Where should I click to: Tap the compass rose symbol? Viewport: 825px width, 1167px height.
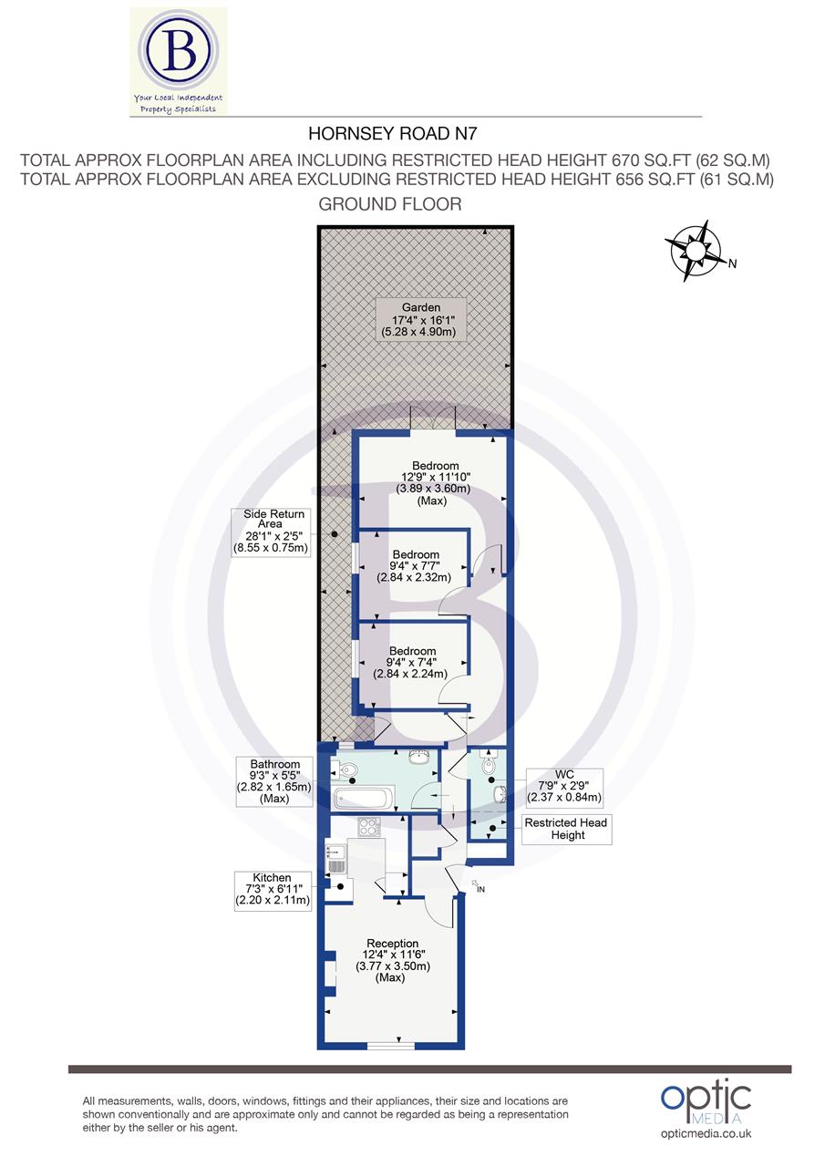[695, 249]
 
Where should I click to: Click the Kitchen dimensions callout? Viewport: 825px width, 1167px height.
[273, 890]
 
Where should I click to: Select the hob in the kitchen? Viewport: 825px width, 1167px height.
[370, 828]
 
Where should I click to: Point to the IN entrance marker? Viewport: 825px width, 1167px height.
[479, 887]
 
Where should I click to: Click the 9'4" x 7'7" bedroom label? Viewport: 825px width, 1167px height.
[415, 565]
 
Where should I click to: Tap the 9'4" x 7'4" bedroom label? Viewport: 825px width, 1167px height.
[410, 663]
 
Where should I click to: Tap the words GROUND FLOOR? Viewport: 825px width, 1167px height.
[389, 204]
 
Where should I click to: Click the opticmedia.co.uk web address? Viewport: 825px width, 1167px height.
[706, 1133]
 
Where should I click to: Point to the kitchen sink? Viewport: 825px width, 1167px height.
[334, 861]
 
